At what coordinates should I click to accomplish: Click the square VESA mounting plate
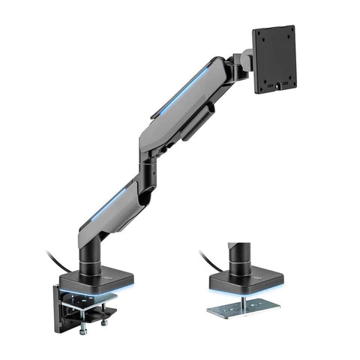(x=274, y=58)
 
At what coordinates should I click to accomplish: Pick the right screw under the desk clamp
(x=103, y=322)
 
